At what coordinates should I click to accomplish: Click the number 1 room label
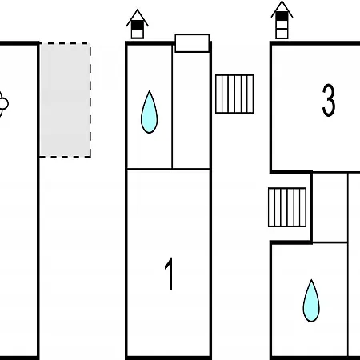(x=169, y=274)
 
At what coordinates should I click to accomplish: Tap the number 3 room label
(x=328, y=100)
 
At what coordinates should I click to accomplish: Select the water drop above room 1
(x=149, y=112)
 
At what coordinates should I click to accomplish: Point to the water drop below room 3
(x=311, y=301)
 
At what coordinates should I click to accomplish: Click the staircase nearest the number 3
(x=234, y=94)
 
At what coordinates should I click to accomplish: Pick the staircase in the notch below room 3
(x=287, y=207)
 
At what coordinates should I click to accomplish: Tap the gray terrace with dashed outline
(x=65, y=100)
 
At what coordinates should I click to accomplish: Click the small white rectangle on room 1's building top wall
(x=192, y=43)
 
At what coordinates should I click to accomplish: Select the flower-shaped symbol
(x=3, y=103)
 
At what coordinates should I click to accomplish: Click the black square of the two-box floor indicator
(x=138, y=26)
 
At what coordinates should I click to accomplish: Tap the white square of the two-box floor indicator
(x=138, y=34)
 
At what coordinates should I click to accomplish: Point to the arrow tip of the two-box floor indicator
(x=138, y=10)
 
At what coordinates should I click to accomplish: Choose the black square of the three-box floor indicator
(x=282, y=16)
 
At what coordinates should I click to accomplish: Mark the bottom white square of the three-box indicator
(x=282, y=34)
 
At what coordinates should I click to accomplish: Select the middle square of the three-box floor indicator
(x=282, y=25)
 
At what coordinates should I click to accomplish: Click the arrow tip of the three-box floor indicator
(x=282, y=1)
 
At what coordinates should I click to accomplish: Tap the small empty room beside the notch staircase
(x=330, y=207)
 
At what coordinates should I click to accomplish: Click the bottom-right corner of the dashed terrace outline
(x=90, y=158)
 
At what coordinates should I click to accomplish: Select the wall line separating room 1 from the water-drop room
(x=169, y=169)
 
